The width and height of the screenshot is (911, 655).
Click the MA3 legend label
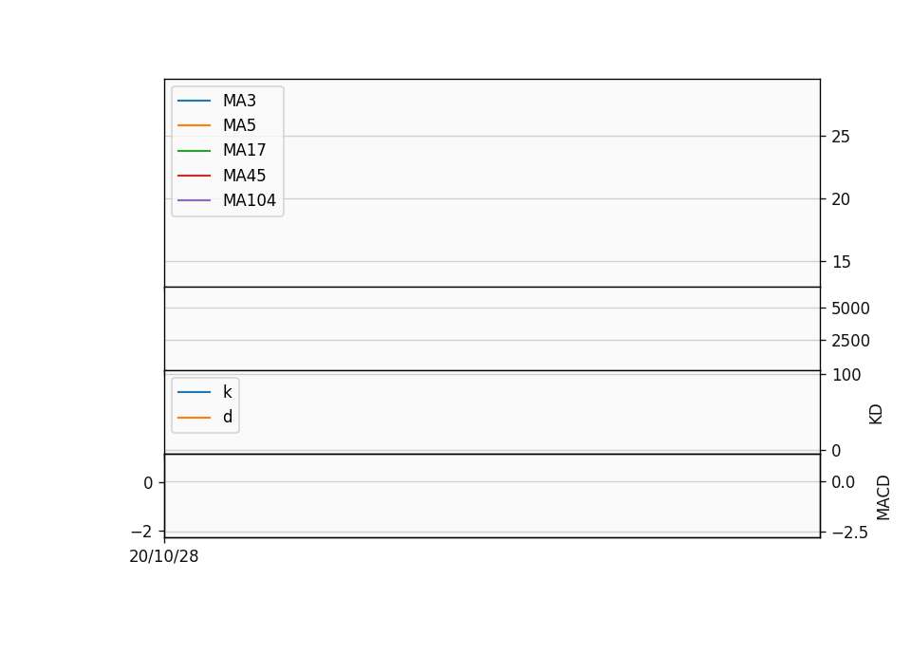pos(239,101)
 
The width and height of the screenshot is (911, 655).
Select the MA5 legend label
pos(239,125)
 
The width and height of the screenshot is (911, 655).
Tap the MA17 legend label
pos(245,151)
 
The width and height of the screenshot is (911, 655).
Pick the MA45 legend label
pos(245,176)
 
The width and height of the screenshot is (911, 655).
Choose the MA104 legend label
pos(250,200)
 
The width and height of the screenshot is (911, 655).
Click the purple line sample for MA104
pos(194,200)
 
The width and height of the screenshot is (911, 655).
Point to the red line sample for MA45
pos(194,176)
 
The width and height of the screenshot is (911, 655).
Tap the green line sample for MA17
pos(194,151)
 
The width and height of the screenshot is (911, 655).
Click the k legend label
pos(228,392)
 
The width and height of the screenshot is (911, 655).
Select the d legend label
pos(228,417)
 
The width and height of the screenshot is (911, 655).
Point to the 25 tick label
pos(841,137)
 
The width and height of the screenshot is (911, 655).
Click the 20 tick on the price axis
pos(841,199)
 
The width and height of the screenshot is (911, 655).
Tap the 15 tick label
pos(841,262)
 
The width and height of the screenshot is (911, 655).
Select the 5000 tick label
pos(850,309)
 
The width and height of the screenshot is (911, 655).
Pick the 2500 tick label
pos(850,341)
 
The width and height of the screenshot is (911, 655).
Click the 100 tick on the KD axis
pos(846,375)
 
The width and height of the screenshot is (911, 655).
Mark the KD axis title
pos(876,415)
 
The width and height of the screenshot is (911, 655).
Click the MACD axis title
pos(883,497)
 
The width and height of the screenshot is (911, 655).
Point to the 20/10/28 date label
pos(164,557)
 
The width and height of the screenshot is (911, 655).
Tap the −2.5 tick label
pos(849,533)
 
